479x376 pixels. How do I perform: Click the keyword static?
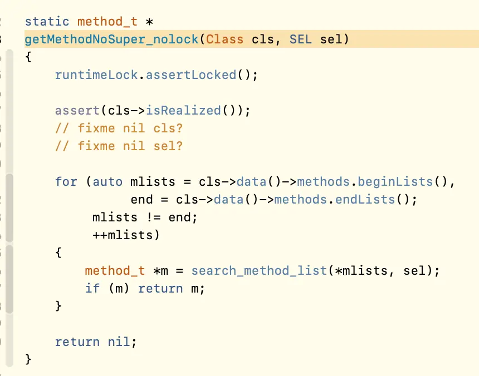[47, 22]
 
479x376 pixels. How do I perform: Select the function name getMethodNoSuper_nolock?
[111, 39]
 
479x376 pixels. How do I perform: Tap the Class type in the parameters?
[224, 39]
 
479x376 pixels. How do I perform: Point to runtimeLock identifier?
[96, 75]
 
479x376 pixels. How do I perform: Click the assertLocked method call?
[191, 75]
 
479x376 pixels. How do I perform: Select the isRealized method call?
[183, 110]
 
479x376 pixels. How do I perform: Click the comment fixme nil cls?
[119, 128]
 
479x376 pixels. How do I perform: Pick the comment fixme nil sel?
[119, 146]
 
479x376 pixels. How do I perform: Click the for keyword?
[66, 181]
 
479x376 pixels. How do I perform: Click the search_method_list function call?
[259, 270]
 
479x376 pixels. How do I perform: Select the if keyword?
[92, 288]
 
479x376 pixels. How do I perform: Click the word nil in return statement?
[119, 342]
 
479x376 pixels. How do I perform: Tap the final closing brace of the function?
[28, 359]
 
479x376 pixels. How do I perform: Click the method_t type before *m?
[115, 270]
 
